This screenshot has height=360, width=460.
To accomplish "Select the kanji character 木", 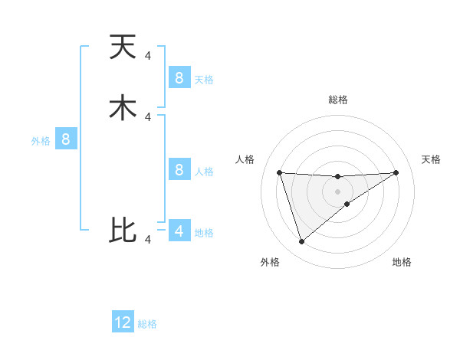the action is tap(123, 107).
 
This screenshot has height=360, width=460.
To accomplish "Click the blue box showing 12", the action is tap(123, 322).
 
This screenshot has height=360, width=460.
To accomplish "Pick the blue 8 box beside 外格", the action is tap(66, 139).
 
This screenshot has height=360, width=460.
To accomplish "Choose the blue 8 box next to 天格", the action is tap(179, 77).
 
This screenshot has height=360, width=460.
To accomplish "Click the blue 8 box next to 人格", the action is tap(179, 169).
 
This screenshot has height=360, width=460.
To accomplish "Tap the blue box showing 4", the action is tap(179, 231).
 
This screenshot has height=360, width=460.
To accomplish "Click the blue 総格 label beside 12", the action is tap(147, 324).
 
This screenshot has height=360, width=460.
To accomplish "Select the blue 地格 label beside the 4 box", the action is tap(204, 233).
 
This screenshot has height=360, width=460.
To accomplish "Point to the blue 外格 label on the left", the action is tap(41, 141).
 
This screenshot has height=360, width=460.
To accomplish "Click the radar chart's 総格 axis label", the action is tap(337, 100).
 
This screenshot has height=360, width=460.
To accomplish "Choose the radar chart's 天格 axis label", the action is tap(432, 159).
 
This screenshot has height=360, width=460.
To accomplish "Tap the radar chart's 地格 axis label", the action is tap(402, 262).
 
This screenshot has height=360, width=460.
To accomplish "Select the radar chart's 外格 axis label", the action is tap(270, 262).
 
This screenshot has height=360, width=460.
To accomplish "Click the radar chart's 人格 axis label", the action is tap(245, 159).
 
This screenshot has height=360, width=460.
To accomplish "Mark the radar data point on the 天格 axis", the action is tap(396, 172).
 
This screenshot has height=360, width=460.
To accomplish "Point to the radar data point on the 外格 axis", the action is tap(301, 242).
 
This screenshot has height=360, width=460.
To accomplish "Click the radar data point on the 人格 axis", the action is tap(279, 172).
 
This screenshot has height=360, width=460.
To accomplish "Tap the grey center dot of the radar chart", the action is tap(337, 191).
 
